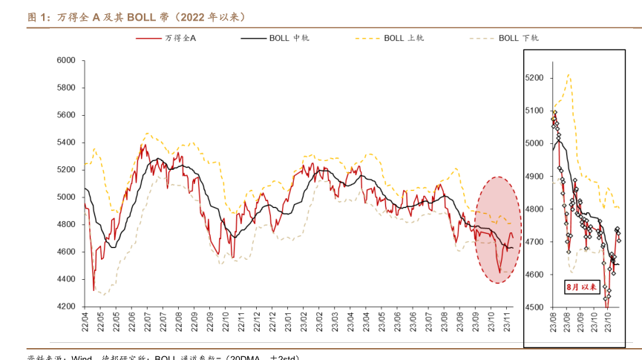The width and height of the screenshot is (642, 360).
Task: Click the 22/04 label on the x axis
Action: [x=85, y=321]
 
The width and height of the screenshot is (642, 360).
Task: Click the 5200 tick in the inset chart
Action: [x=534, y=78]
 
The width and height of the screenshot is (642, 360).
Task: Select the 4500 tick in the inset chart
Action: [x=534, y=307]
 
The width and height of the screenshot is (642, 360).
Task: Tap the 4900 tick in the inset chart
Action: [x=534, y=177]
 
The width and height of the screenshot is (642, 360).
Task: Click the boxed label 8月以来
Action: [x=582, y=286]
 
